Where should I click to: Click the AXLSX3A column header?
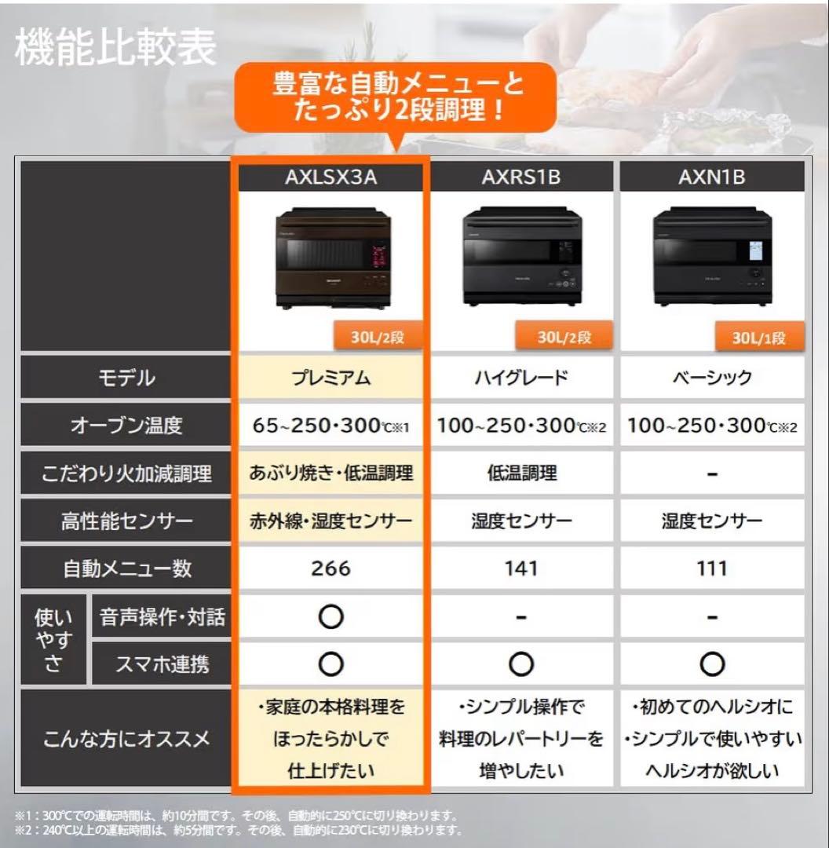tap(331, 177)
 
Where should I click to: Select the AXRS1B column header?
tap(521, 177)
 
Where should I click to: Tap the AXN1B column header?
tap(711, 177)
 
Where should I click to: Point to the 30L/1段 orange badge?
tap(758, 338)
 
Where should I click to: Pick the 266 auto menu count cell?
tap(331, 568)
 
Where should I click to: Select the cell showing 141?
tap(521, 568)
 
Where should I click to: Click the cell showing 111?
tap(711, 568)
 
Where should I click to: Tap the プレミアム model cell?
tap(331, 378)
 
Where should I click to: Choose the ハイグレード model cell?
tap(521, 378)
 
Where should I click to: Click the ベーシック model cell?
tap(711, 378)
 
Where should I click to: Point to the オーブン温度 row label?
tap(126, 426)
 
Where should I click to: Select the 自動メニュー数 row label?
tap(126, 568)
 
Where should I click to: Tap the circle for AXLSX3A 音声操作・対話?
tap(331, 617)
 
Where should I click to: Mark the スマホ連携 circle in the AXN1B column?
tap(711, 665)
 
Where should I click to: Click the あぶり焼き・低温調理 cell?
tap(331, 473)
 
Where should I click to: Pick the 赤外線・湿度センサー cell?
tap(331, 521)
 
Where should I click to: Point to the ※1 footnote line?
tap(236, 817)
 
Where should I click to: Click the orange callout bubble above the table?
tap(397, 96)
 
